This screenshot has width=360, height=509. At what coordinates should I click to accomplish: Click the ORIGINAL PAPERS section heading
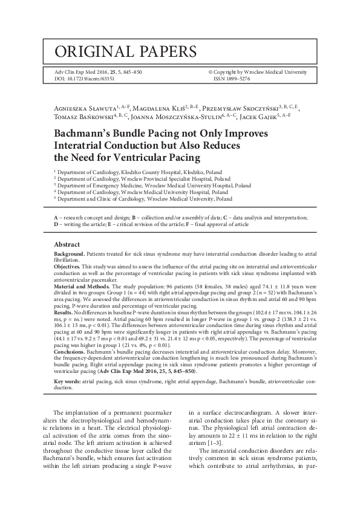coord(125,51)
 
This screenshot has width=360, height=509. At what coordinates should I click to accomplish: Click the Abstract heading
coord(67,244)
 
